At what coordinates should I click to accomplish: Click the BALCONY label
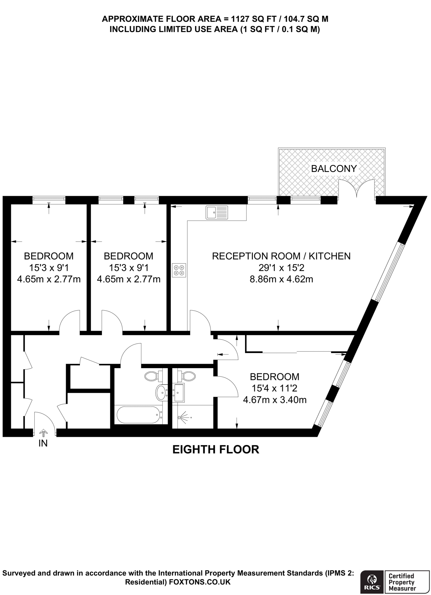click(334, 169)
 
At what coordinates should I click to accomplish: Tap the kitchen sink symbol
click(217, 212)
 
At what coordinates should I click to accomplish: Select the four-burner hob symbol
click(179, 270)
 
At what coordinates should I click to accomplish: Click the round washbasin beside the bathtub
click(161, 392)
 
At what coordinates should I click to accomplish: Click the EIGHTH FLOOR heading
click(216, 449)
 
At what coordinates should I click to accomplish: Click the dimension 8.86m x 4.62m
click(281, 279)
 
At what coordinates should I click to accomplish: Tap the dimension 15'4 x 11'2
click(274, 388)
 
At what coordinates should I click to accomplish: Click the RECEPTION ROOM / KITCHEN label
click(281, 256)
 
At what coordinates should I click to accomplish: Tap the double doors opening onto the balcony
click(357, 190)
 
